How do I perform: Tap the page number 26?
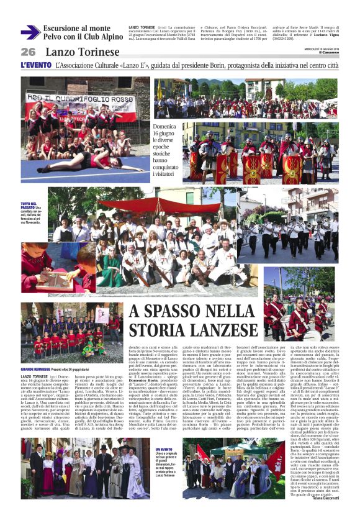click(29, 52)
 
